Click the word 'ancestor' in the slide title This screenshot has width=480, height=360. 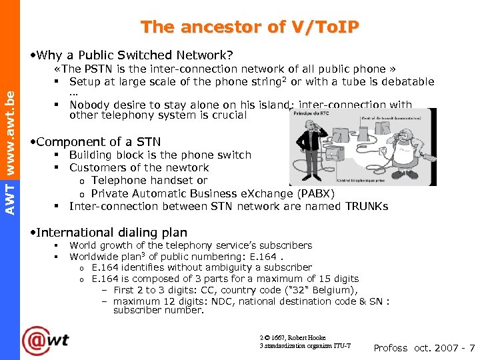216,27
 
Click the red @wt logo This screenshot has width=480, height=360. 45,341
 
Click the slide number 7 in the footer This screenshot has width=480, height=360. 472,348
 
